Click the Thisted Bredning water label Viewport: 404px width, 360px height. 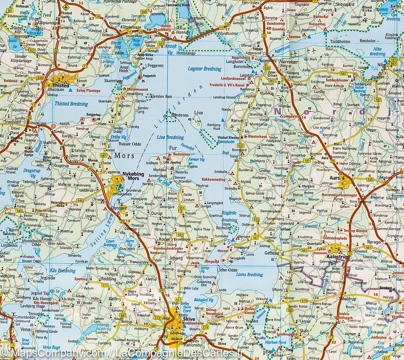(x=71, y=104)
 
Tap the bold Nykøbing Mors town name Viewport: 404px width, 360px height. (x=134, y=176)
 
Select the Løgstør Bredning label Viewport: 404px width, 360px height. (x=205, y=69)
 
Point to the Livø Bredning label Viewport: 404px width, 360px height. (x=170, y=137)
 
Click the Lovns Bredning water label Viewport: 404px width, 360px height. (x=249, y=275)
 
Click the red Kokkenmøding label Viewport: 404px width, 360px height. (x=214, y=180)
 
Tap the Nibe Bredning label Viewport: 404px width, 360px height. (x=377, y=52)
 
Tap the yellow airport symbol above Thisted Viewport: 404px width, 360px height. (x=66, y=6)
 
